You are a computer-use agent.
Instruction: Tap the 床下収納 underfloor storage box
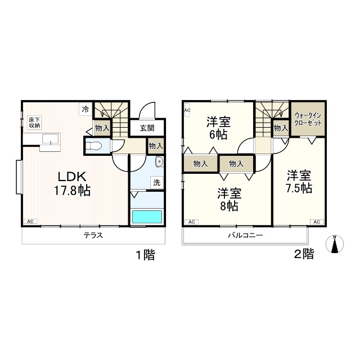point(34,123)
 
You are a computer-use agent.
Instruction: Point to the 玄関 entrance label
point(147,128)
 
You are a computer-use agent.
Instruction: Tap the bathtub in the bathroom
point(147,217)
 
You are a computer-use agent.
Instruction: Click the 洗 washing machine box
point(157,183)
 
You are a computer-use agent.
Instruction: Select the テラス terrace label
point(93,236)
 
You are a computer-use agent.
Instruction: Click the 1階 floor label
point(145,254)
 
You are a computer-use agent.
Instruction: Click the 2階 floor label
point(304,254)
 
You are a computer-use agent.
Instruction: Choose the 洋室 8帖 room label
point(229,200)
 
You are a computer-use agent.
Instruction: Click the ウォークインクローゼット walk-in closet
point(308,119)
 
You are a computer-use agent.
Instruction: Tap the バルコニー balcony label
point(245,236)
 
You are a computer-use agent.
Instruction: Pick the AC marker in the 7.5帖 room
point(316,222)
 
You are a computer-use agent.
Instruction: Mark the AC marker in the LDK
point(30,222)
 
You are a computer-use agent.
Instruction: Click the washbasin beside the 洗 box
point(159,163)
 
